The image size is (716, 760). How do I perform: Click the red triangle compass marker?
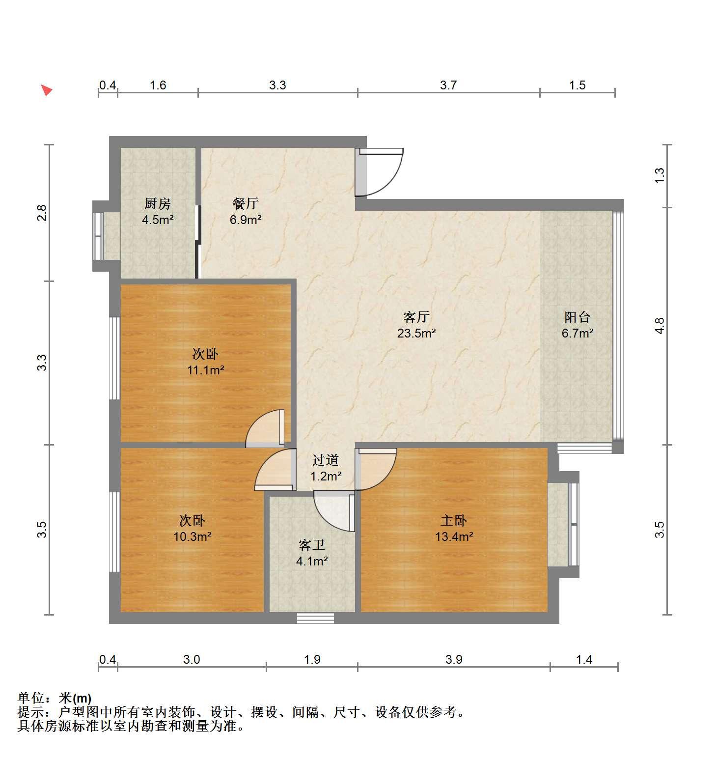[x=47, y=90]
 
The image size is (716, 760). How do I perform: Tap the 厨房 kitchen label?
[x=157, y=203]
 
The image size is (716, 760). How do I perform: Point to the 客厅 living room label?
[x=416, y=317]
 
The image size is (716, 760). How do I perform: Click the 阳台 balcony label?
[x=577, y=317]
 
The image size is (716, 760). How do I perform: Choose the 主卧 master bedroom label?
[x=453, y=520]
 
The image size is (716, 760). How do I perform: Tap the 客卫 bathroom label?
[x=312, y=545]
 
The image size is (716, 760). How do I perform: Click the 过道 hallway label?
[x=326, y=460]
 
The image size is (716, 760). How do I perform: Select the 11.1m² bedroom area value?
[x=205, y=370]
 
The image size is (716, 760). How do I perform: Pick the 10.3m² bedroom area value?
[x=192, y=536]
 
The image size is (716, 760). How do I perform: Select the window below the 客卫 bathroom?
[x=315, y=618]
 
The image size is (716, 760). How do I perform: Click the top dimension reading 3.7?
[x=448, y=85]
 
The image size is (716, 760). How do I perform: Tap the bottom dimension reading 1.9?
[x=312, y=659]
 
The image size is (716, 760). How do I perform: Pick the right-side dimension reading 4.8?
[x=660, y=326]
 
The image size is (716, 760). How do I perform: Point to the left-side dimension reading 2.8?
[x=42, y=213]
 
